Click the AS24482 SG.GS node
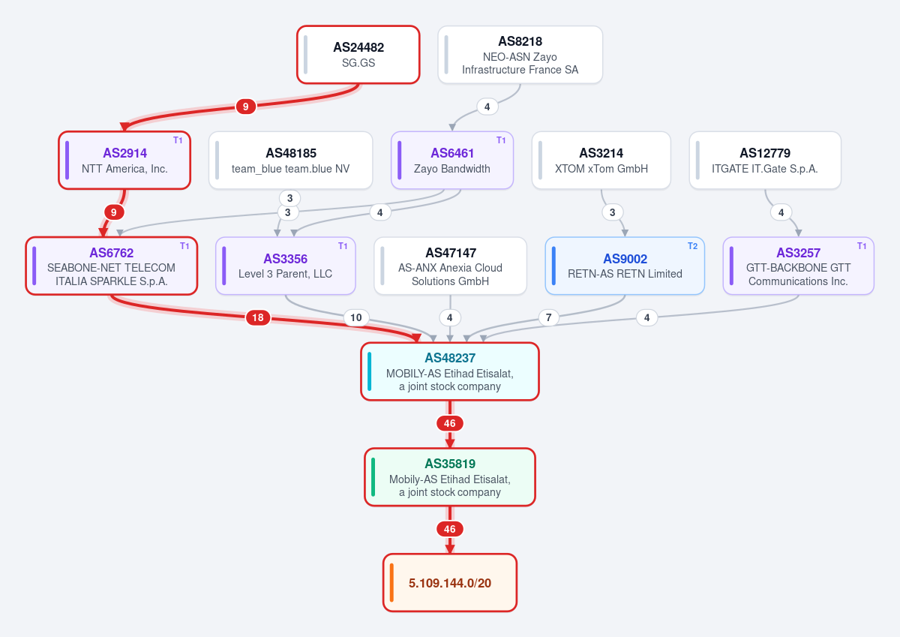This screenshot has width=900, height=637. point(358,55)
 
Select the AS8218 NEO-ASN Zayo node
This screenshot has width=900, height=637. point(520,55)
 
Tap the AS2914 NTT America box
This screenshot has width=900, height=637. point(124,161)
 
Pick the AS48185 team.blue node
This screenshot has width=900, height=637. point(290,161)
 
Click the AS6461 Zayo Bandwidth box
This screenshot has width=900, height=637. point(452,161)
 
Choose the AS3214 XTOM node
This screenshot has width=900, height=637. point(601,161)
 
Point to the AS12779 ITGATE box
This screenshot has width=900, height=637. point(765,161)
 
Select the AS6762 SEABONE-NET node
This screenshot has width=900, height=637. point(111,266)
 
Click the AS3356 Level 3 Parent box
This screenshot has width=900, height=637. point(285,266)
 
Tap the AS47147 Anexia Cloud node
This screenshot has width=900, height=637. point(451,266)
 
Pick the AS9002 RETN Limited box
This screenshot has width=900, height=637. point(625,266)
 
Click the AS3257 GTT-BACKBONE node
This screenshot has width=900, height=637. point(798,266)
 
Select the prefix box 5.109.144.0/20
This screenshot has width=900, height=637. point(450,583)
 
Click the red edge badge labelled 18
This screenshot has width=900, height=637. point(258,317)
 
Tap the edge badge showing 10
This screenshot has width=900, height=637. point(356,317)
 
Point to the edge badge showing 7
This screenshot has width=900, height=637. point(548,317)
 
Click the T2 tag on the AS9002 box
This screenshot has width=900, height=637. point(692,246)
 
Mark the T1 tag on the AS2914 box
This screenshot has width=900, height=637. point(178,140)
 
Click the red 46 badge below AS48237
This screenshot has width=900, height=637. point(450,423)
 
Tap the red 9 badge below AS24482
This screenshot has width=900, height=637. point(245,107)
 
